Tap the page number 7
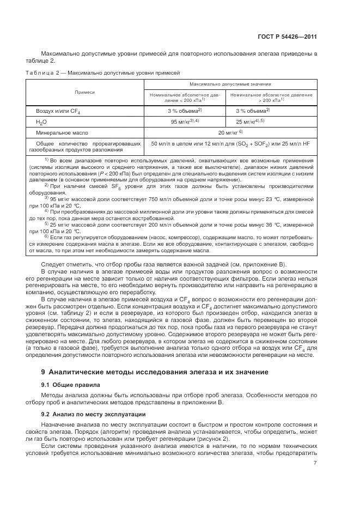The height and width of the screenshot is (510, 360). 315,463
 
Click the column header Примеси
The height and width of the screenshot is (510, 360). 84,93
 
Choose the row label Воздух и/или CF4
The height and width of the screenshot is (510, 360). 58,111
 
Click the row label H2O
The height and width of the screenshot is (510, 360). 41,122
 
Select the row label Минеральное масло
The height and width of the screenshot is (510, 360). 62,132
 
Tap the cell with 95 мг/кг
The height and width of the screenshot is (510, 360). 185,122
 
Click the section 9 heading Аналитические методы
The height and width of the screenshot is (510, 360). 155,372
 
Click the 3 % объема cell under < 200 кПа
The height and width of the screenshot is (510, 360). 185,111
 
